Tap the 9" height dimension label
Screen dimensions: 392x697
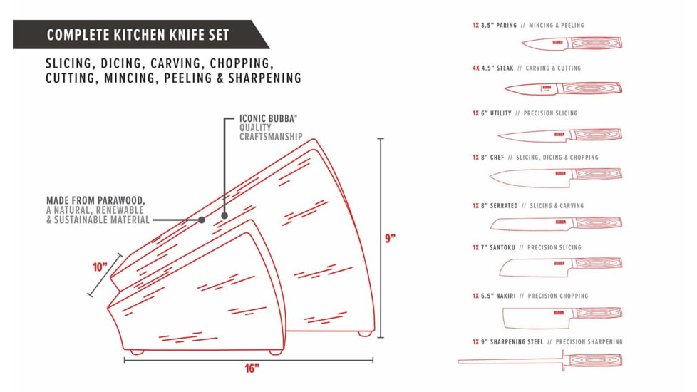[391, 239]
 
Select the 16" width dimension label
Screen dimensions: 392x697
[252, 368]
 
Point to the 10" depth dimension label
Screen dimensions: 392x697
[100, 267]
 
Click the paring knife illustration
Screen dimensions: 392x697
[571, 43]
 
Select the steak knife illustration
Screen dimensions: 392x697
[563, 88]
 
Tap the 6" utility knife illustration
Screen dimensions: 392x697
[559, 134]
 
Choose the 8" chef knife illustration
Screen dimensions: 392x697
[556, 174]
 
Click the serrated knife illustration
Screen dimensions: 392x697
[556, 223]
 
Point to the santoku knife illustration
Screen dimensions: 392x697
[559, 264]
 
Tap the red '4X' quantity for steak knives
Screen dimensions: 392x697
[475, 68]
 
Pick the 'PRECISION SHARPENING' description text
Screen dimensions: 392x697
[589, 342]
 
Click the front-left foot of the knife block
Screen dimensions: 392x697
[136, 351]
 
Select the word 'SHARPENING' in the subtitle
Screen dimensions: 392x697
[264, 78]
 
